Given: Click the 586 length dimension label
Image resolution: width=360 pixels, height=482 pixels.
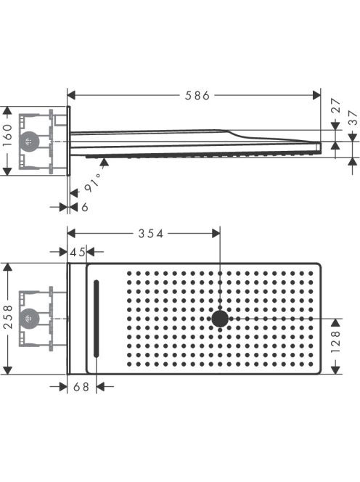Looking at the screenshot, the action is coord(197,96).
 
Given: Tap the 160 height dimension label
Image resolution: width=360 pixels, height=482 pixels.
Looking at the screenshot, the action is coord(8,135).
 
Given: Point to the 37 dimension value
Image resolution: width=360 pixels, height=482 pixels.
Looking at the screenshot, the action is coord(354,118).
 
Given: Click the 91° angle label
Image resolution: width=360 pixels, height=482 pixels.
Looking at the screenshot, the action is coord(92,182).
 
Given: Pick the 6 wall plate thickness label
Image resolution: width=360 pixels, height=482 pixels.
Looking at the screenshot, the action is coord(84,207).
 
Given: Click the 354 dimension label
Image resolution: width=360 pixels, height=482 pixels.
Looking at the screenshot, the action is coord(151,234).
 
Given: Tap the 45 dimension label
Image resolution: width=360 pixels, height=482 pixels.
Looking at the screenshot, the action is coord(78,253).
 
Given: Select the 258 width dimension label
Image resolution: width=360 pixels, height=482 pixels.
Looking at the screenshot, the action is coord(8,317).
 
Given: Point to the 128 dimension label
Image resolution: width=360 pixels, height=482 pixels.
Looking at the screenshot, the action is coord(336,341).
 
